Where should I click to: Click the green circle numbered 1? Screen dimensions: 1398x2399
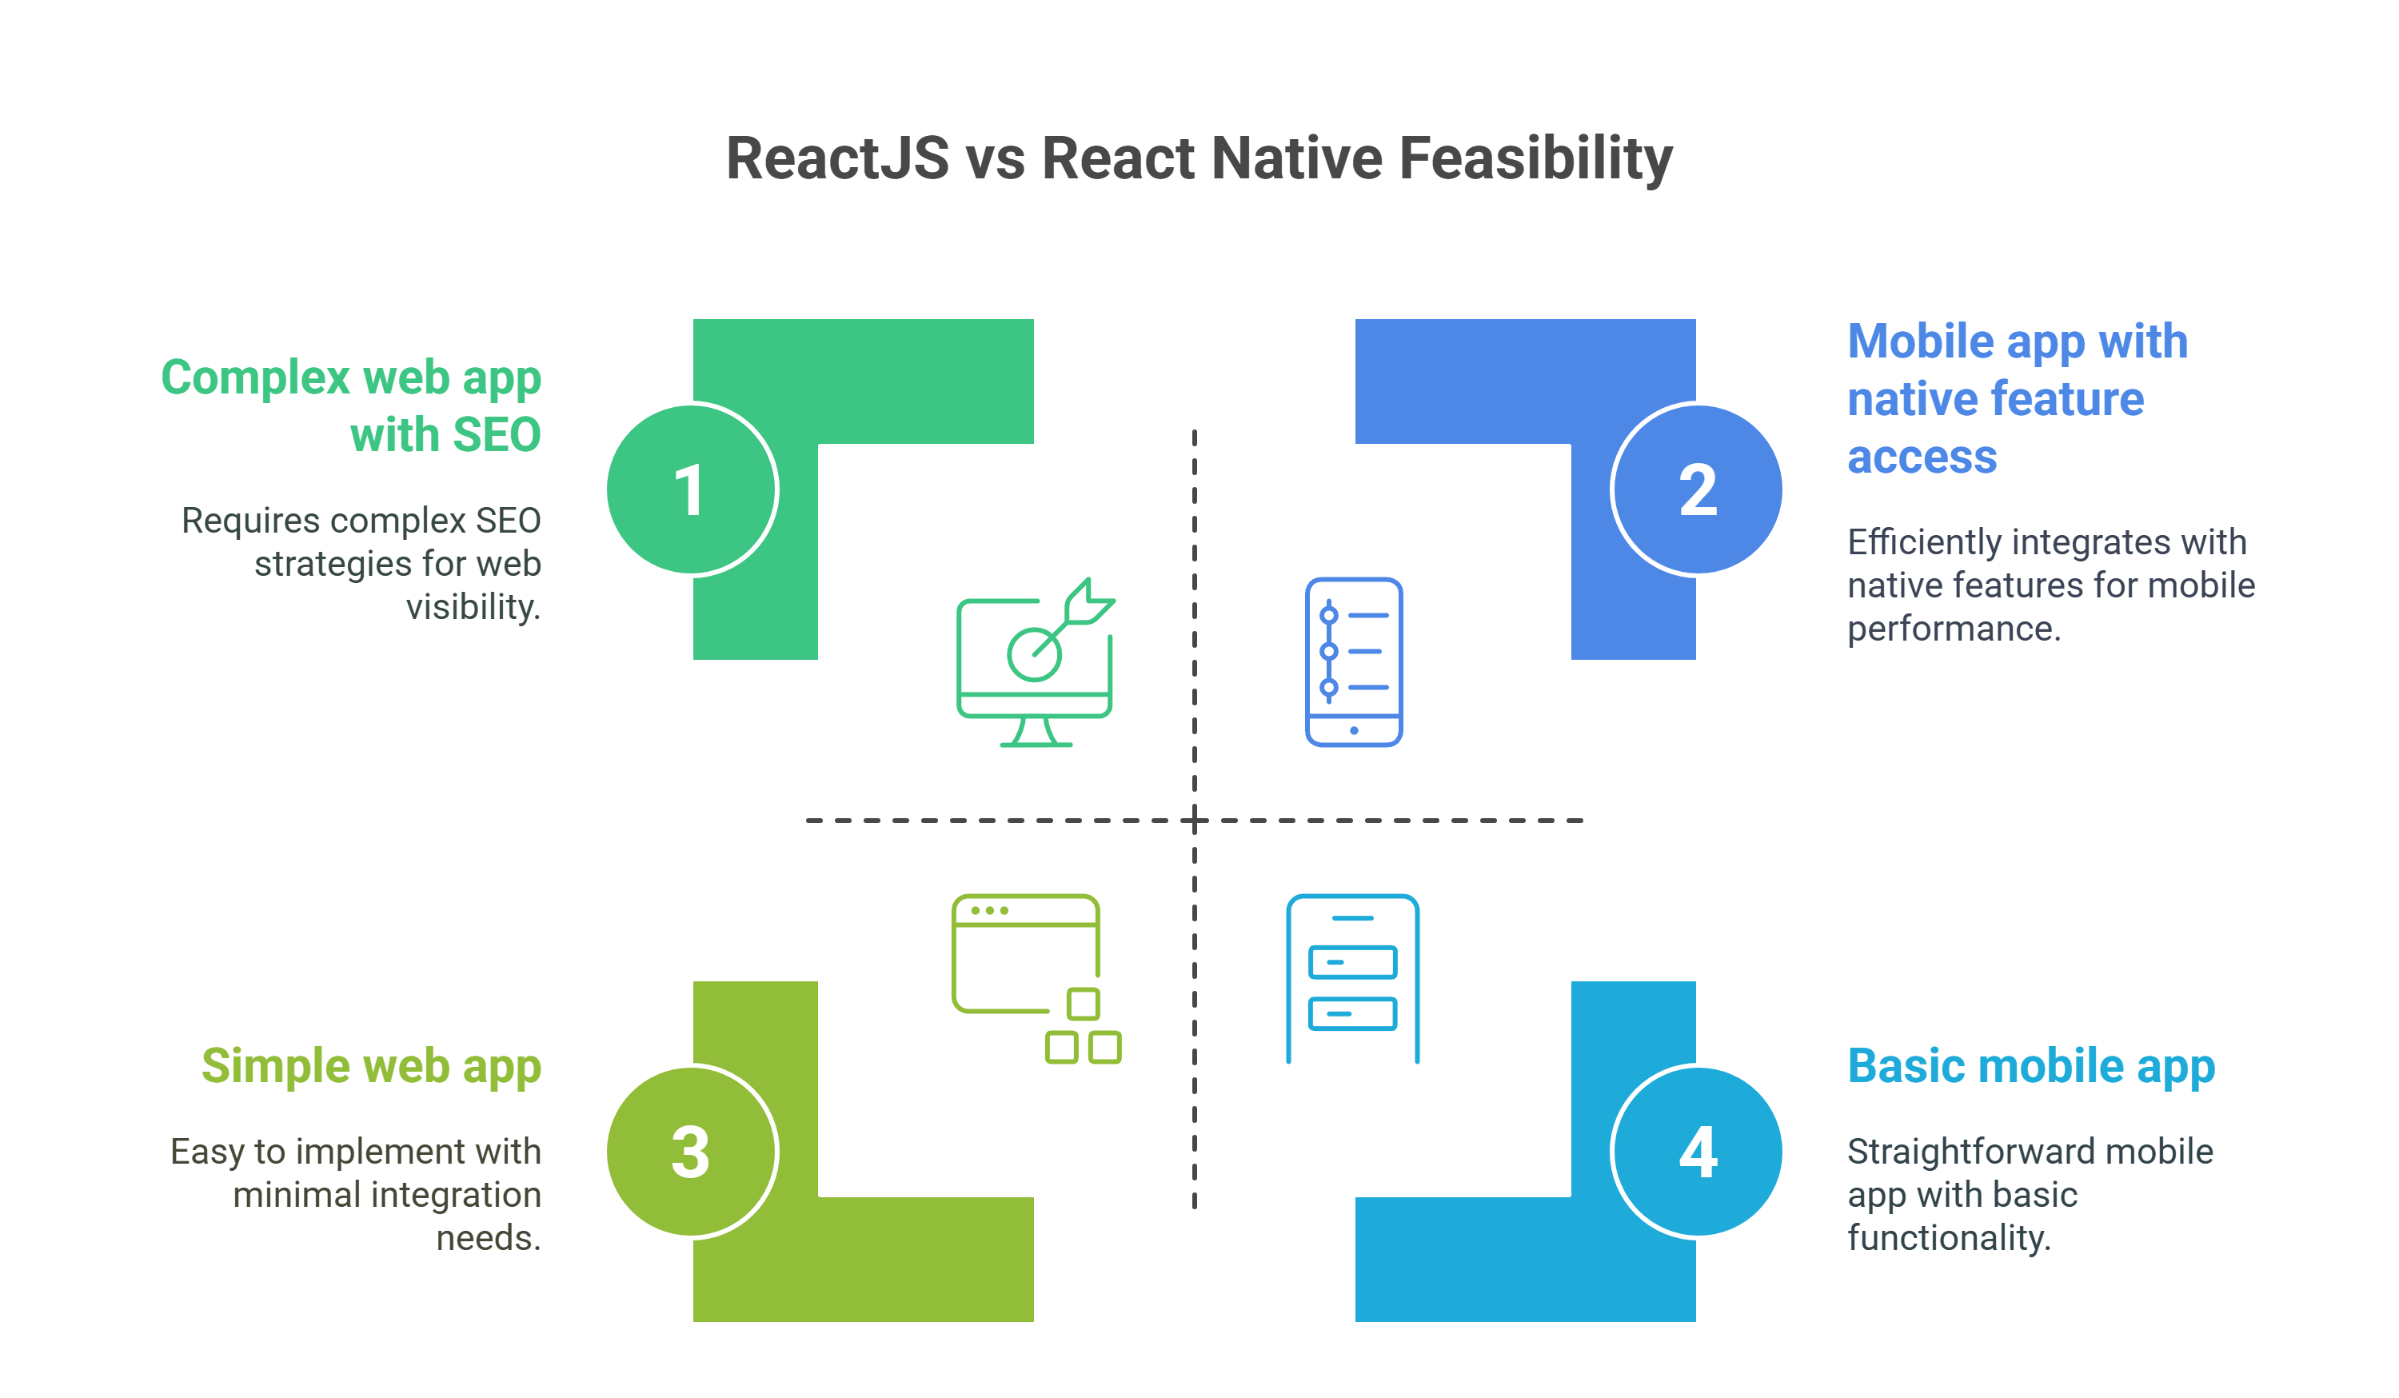[x=692, y=489]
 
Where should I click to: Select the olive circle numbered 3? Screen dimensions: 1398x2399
[x=692, y=1152]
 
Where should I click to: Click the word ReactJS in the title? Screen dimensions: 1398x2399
[x=838, y=158]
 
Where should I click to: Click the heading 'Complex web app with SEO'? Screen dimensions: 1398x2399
[x=351, y=405]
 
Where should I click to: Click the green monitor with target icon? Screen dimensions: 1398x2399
[x=1035, y=663]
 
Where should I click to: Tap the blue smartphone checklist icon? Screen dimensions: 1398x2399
[x=1353, y=662]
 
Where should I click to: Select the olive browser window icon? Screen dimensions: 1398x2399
[x=1036, y=978]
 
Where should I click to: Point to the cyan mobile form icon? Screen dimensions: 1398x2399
[x=1351, y=978]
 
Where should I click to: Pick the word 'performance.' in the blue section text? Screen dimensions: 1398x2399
[x=1954, y=629]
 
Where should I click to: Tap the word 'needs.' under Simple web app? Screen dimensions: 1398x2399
[x=489, y=1238]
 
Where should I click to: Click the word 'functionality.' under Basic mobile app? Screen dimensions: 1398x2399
[x=1949, y=1238]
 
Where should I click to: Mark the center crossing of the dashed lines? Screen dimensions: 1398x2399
[x=1195, y=820]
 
